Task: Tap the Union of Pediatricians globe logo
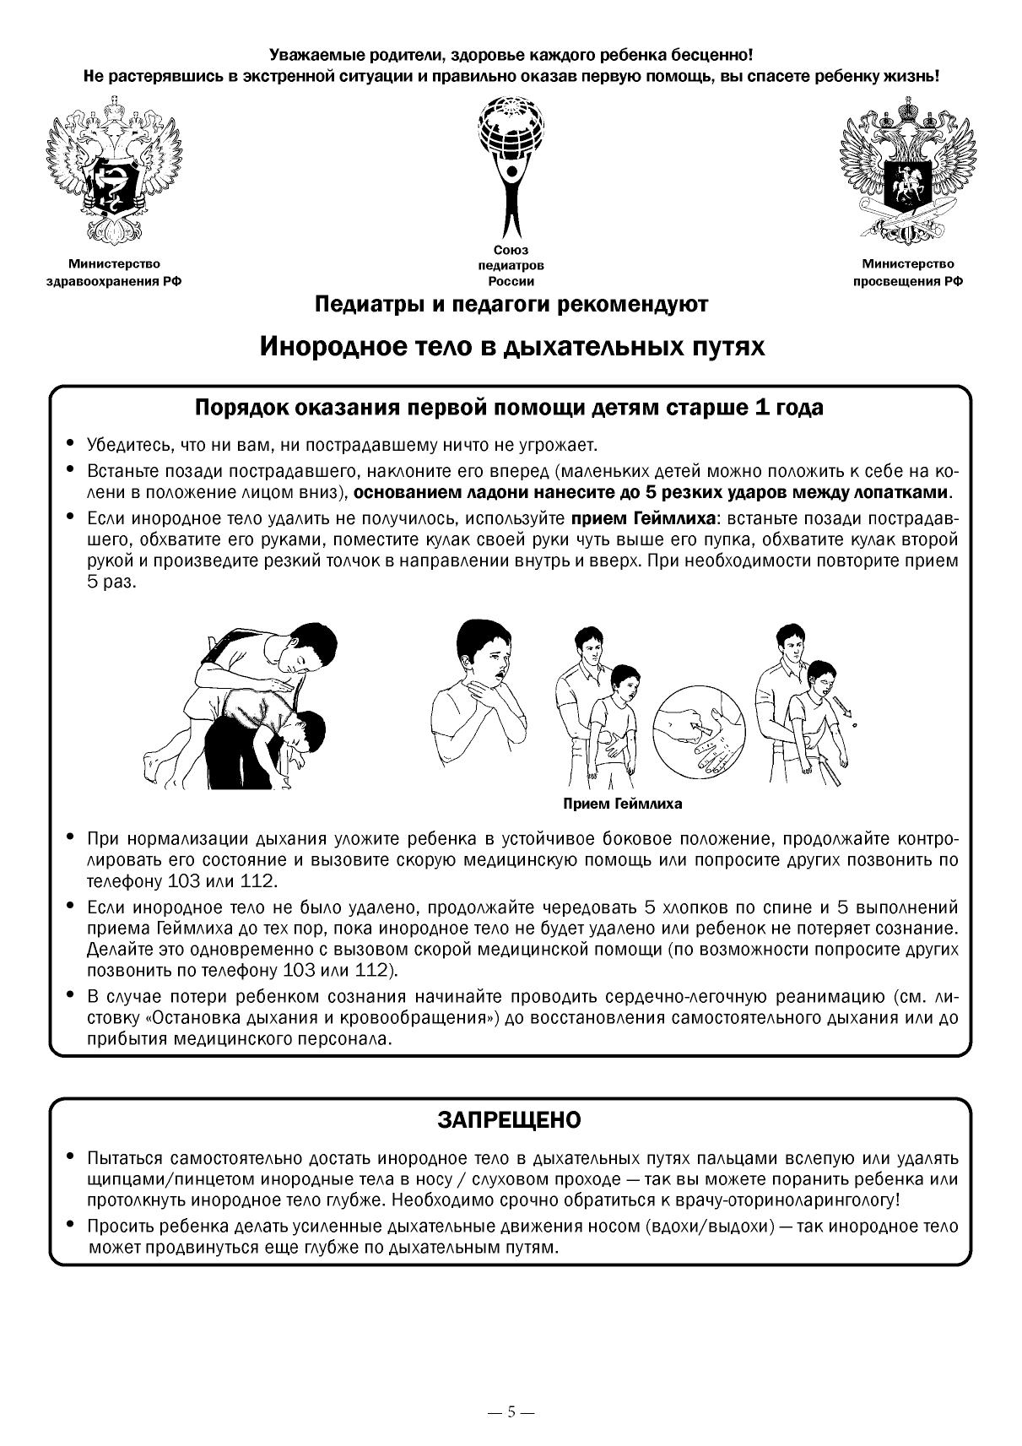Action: click(x=510, y=165)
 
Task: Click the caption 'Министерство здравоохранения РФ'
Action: click(x=114, y=273)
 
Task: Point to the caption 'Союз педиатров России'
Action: click(x=511, y=266)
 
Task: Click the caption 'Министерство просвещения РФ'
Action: click(x=907, y=273)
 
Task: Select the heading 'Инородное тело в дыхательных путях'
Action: click(x=511, y=346)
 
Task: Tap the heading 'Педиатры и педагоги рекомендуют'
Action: click(x=511, y=304)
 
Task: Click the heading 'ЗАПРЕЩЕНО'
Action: click(x=510, y=1119)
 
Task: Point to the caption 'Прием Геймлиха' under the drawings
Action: click(x=623, y=804)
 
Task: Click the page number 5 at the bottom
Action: click(x=511, y=1411)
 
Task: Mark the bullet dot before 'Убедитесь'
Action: click(x=70, y=444)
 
